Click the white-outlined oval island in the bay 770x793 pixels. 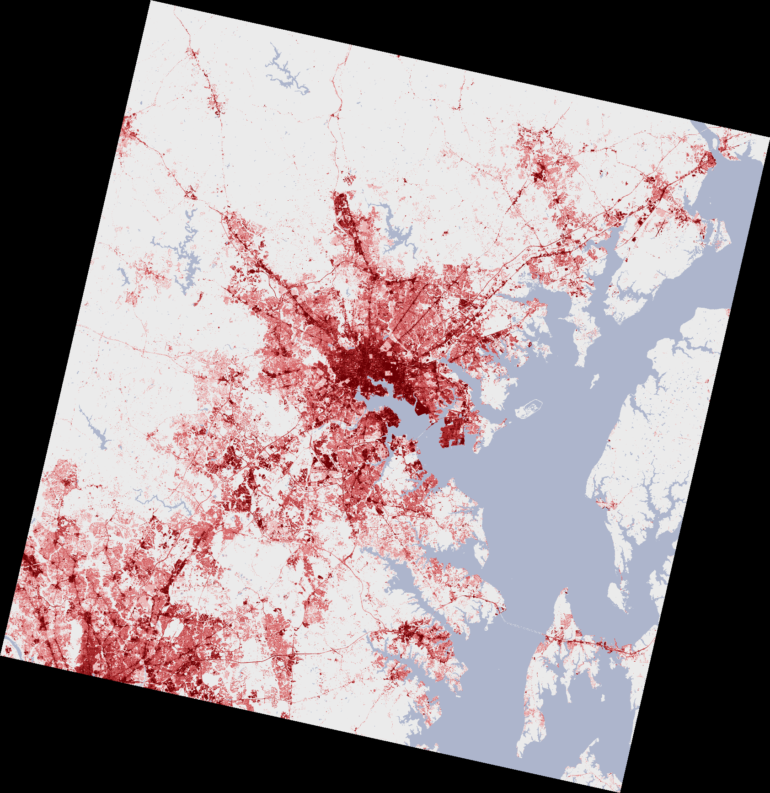529,408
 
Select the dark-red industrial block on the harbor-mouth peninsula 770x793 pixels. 453,430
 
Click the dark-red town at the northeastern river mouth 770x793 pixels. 709,160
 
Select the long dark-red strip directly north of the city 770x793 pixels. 341,208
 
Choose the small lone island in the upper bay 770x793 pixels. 595,380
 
